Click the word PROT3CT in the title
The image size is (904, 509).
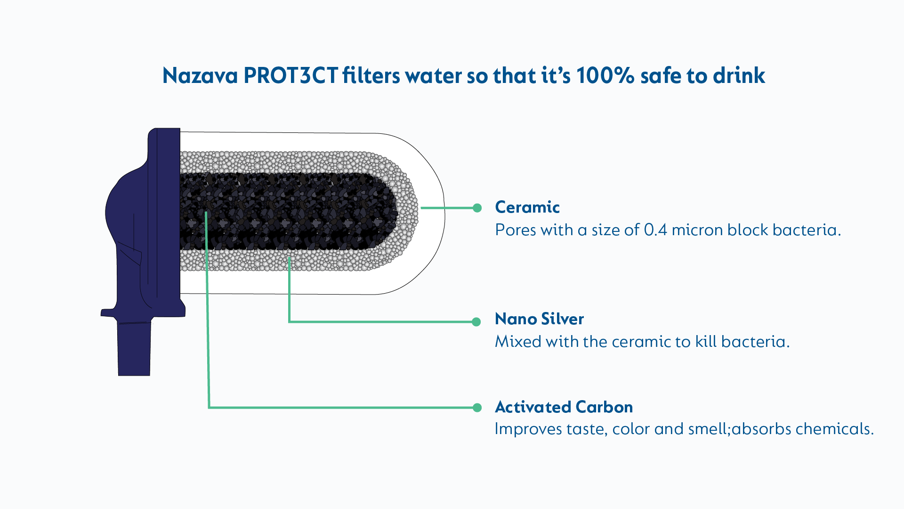point(291,76)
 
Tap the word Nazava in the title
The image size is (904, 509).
point(200,76)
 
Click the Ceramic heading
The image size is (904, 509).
point(527,207)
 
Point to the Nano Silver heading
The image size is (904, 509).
point(540,319)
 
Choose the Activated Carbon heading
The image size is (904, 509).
point(564,407)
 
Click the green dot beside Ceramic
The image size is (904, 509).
point(477,208)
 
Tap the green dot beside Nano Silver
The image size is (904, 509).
point(476,322)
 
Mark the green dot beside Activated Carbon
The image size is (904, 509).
point(477,408)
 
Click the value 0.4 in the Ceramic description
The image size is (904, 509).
point(655,230)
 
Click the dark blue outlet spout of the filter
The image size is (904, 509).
point(134,349)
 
